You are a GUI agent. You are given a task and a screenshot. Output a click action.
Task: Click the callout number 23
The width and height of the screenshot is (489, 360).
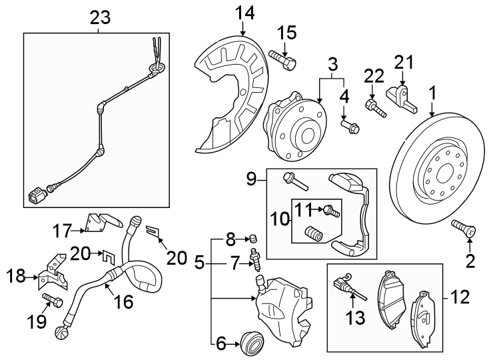(100, 18)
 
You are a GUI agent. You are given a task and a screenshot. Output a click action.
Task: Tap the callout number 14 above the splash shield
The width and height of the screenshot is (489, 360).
(244, 12)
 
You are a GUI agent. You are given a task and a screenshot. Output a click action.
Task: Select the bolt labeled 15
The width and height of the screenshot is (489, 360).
(282, 60)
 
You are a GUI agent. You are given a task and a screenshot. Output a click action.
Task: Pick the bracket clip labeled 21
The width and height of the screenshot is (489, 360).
(403, 93)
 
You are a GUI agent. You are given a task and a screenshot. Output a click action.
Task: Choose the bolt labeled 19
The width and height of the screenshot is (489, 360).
(53, 301)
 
